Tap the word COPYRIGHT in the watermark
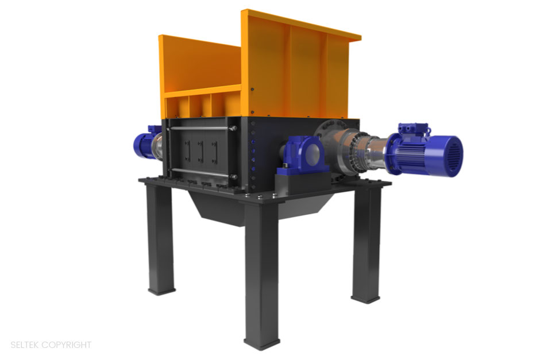click(x=67, y=345)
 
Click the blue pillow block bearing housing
click(x=302, y=155)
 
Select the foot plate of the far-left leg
click(x=161, y=291)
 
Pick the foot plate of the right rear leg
click(x=365, y=298)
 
